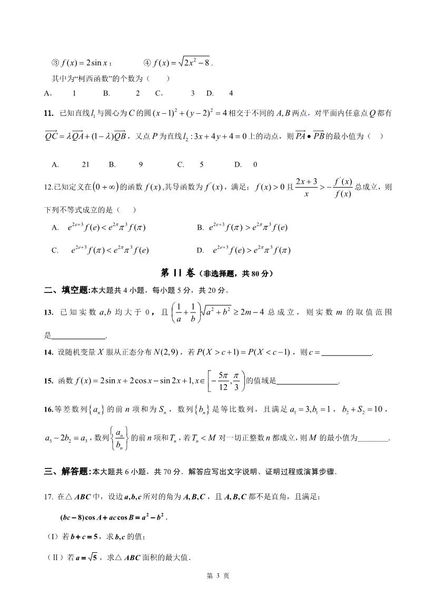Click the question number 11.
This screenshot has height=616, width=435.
click(x=48, y=113)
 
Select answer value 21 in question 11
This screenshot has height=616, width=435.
click(x=86, y=164)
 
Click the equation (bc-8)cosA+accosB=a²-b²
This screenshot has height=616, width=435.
click(x=110, y=517)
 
